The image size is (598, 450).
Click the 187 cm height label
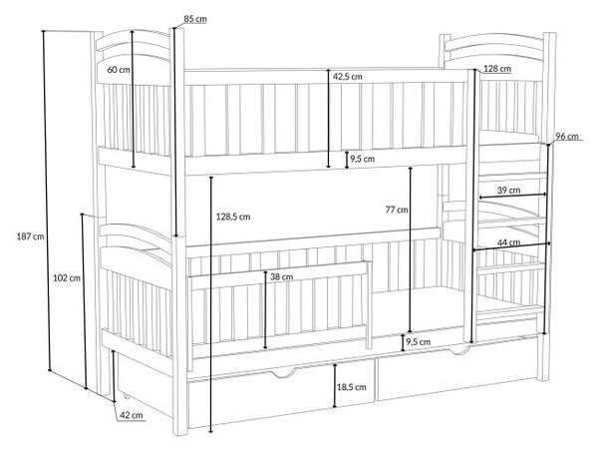(x=31, y=236)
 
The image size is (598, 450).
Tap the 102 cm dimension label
(x=67, y=278)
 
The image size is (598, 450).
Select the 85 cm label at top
(x=195, y=19)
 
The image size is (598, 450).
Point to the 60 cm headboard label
(x=119, y=70)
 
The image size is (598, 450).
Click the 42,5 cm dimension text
(x=348, y=77)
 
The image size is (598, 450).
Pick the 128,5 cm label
(x=233, y=217)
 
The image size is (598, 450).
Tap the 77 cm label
(x=397, y=210)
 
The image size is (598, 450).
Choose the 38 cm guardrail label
(x=281, y=277)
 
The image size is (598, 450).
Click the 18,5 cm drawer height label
(x=352, y=387)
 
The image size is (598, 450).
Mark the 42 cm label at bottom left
(x=132, y=415)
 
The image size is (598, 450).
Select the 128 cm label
(x=497, y=69)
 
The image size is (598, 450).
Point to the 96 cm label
(x=567, y=137)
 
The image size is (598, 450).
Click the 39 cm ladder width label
(x=508, y=190)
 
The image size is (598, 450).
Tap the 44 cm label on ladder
(x=508, y=242)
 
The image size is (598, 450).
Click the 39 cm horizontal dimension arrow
(x=513, y=196)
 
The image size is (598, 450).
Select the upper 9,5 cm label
(x=363, y=159)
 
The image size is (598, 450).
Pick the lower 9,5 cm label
(x=418, y=342)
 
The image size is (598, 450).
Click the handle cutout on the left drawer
(x=283, y=373)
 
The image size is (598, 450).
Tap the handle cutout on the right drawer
(x=460, y=349)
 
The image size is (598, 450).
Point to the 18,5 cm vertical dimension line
(x=335, y=386)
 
